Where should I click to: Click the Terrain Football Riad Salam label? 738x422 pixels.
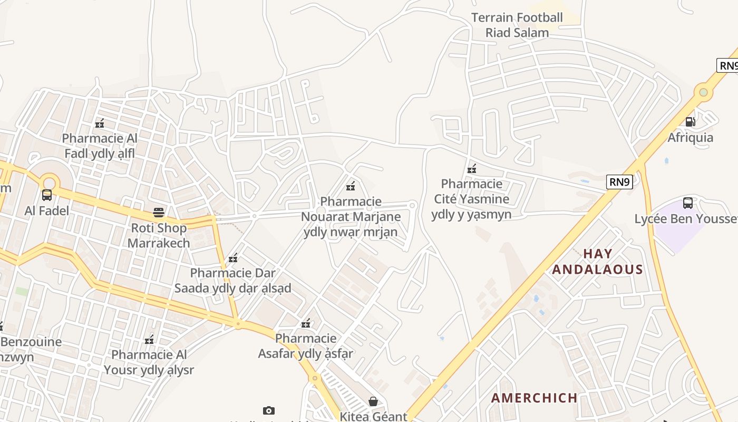coord(517,25)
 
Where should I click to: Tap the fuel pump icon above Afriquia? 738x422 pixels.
coord(690,122)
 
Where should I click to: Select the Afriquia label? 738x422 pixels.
coord(690,138)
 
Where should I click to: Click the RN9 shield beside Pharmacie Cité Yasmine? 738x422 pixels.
coord(619,182)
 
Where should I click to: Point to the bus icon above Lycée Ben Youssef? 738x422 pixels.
coord(687,203)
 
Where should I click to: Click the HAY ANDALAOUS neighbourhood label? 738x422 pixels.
coord(597,262)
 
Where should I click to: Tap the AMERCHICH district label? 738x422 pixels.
coord(534,398)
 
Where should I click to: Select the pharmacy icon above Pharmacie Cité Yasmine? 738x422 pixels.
coord(472,169)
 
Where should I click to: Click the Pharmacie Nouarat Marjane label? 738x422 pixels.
coord(351,216)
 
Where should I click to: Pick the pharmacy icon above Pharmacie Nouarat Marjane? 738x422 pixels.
coord(351,186)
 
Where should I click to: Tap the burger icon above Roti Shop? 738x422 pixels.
coord(159,213)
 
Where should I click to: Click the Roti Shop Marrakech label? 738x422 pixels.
coord(159,235)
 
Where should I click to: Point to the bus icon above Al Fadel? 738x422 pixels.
coord(47,195)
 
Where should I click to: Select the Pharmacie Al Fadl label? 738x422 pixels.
coord(100,146)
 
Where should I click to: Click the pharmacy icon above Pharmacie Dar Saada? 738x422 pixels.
coord(233,258)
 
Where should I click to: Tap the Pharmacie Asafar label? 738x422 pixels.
coord(306,346)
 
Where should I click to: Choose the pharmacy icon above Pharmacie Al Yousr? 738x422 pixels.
coord(149,339)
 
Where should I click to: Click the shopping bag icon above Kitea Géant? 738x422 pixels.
coord(373,401)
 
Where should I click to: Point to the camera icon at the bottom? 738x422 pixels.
coord(268,410)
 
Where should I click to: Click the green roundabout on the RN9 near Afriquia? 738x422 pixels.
coord(703,92)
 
